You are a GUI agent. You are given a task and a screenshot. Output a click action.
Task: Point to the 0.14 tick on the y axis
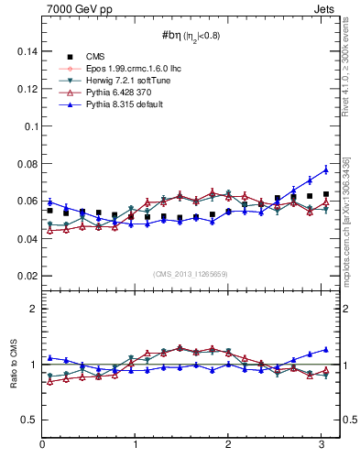click(27, 52)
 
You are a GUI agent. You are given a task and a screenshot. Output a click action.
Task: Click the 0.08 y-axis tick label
click(27, 164)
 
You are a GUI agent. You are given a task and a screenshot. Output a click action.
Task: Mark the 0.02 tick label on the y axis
click(27, 276)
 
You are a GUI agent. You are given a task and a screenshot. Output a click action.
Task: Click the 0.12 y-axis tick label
click(27, 90)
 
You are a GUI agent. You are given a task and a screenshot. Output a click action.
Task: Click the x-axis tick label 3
click(322, 444)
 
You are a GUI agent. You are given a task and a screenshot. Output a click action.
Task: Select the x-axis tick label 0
click(42, 444)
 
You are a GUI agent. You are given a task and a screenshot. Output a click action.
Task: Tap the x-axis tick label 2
click(228, 444)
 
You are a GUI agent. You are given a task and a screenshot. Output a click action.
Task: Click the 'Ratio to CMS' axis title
click(13, 380)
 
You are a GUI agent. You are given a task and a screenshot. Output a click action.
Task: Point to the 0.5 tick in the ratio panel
click(29, 420)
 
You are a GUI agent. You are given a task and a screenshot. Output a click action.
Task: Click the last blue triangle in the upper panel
click(325, 169)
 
